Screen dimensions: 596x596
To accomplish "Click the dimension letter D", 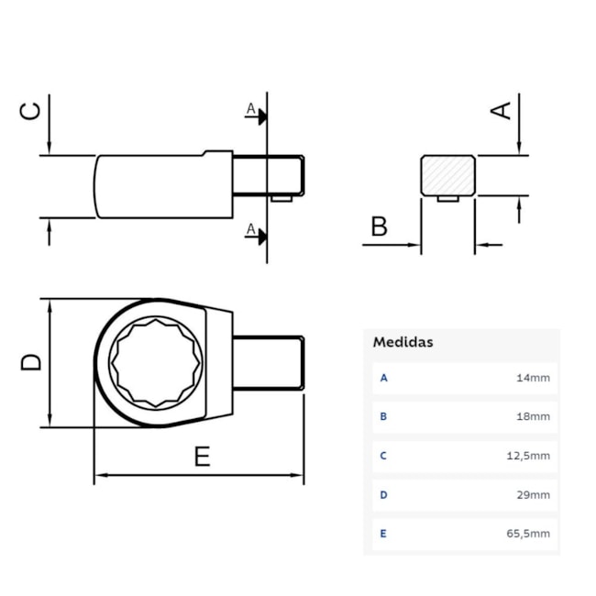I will pyautogui.click(x=31, y=362).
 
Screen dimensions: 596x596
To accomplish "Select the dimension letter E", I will pyautogui.click(x=202, y=456).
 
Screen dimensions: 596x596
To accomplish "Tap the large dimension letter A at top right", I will pyautogui.click(x=501, y=110).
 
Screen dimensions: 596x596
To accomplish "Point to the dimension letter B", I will pyautogui.click(x=380, y=226).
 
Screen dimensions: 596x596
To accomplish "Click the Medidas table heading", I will pyautogui.click(x=403, y=342).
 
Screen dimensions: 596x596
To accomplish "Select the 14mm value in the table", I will pyautogui.click(x=533, y=377).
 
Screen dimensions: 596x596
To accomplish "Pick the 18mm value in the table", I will pyautogui.click(x=533, y=416).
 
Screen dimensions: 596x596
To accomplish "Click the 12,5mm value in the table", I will pyautogui.click(x=528, y=455).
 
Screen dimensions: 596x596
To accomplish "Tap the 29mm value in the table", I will pyautogui.click(x=533, y=494).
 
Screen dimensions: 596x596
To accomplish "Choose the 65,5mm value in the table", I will pyautogui.click(x=528, y=533).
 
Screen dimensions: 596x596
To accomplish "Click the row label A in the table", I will pyautogui.click(x=383, y=377).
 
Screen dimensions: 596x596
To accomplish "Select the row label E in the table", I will pyautogui.click(x=383, y=533).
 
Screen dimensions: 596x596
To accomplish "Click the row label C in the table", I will pyautogui.click(x=383, y=455).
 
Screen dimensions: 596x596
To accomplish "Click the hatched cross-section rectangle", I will pyautogui.click(x=447, y=174).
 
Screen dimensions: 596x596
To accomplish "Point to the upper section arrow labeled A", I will pyautogui.click(x=259, y=115).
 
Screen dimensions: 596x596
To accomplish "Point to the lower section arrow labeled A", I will pyautogui.click(x=259, y=234).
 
